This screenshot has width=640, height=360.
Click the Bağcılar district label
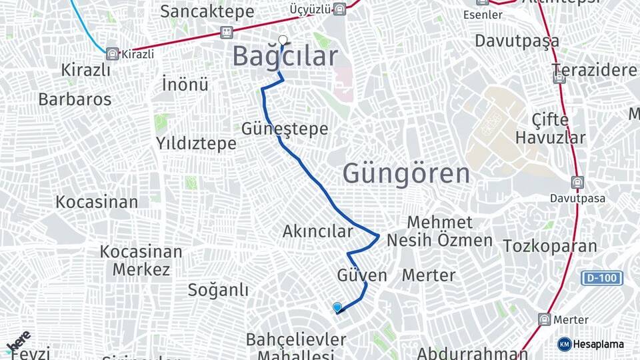point(285,57)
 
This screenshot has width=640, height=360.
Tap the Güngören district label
point(406,174)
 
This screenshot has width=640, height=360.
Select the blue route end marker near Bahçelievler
point(337,307)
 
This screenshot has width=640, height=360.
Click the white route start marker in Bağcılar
point(283,39)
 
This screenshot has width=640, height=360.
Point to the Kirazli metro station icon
point(112,53)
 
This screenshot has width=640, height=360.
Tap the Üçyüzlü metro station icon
point(340,9)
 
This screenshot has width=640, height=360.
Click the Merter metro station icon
point(544,319)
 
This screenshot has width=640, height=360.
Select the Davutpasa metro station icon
point(577,182)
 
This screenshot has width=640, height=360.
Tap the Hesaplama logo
point(591,344)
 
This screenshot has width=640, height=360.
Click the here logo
point(19,342)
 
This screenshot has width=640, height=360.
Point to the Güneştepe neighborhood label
point(285,129)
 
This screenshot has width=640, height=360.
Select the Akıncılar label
point(317,231)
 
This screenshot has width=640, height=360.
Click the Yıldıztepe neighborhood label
point(196,143)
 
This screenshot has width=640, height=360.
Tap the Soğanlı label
point(218,290)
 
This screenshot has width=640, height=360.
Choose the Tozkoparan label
point(550,246)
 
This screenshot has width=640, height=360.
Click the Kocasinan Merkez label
point(141,261)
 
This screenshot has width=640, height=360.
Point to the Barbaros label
point(75,99)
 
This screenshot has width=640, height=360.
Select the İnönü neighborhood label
point(185,85)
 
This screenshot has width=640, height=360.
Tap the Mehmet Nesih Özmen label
point(440,231)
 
